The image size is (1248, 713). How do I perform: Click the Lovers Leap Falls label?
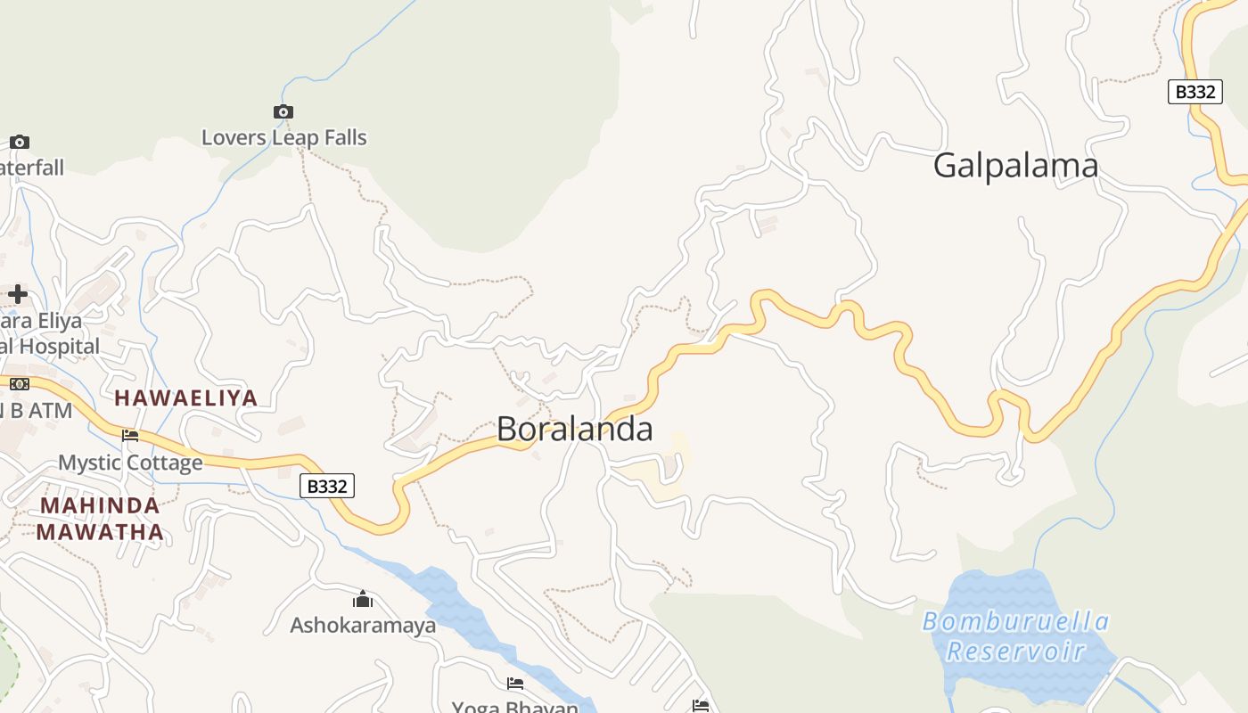[283, 137]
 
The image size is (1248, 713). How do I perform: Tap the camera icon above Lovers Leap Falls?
[283, 111]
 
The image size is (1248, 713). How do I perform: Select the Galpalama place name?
[1015, 166]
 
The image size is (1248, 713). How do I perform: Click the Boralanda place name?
[574, 429]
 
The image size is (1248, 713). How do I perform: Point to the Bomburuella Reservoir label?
[1015, 635]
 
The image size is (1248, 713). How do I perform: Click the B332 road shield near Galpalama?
[1195, 92]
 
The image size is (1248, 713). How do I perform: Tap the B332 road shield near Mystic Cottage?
[327, 486]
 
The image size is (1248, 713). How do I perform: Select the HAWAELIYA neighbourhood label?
[186, 398]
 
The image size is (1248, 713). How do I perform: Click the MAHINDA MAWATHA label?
[100, 519]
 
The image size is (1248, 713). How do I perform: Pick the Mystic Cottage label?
[130, 463]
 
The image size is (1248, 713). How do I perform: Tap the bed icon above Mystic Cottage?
[130, 436]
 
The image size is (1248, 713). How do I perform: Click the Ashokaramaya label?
[363, 625]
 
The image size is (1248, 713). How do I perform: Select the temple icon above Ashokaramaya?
[363, 598]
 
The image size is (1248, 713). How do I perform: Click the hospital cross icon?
[18, 294]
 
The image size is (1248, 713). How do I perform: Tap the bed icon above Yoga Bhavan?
[514, 684]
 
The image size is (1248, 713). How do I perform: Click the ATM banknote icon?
[19, 384]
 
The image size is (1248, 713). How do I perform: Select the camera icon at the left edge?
[19, 142]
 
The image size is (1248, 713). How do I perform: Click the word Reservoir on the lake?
[1015, 651]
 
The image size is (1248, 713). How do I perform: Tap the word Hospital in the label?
[62, 346]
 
